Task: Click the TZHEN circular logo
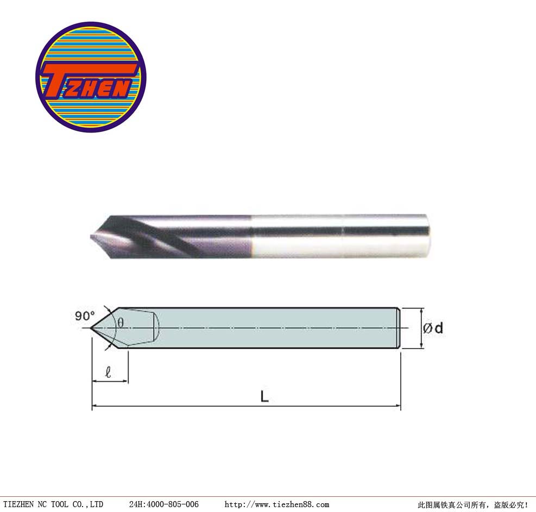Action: (91, 77)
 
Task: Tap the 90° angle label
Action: (85, 316)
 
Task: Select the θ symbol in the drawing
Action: (121, 323)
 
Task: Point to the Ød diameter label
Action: (433, 328)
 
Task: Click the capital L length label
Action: (264, 396)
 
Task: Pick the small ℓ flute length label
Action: (109, 372)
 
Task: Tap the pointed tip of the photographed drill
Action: (91, 236)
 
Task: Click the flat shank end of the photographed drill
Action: (427, 236)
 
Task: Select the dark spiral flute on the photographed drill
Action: (161, 236)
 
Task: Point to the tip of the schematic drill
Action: (91, 328)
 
